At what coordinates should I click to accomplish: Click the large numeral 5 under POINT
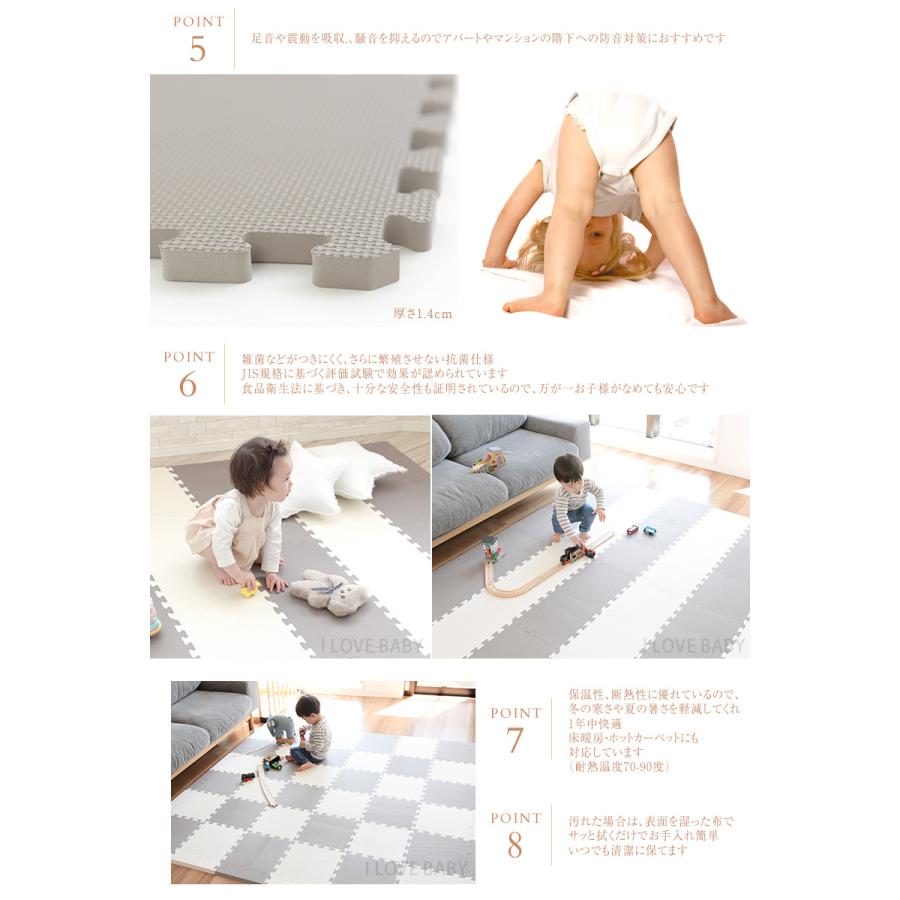[198, 49]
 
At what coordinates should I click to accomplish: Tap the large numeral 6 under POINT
[188, 385]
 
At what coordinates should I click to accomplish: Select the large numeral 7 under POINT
[515, 741]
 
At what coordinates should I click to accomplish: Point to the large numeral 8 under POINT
[515, 845]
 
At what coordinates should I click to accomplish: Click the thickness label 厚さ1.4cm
[423, 314]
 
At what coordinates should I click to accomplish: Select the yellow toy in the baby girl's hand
[248, 591]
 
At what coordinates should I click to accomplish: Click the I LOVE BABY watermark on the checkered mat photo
[417, 868]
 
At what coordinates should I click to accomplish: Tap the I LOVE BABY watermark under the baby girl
[373, 646]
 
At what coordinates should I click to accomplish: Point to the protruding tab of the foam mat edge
[355, 263]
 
